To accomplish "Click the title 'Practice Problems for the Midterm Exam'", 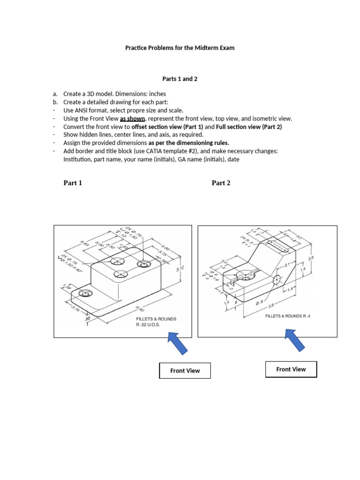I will click(x=180, y=48).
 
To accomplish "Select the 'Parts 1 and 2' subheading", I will click(x=180, y=79).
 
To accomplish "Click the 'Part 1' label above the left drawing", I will click(x=73, y=183).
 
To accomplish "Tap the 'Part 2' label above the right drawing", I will click(x=221, y=183).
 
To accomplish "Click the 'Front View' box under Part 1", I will click(x=185, y=371).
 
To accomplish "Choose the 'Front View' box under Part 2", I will click(x=291, y=369).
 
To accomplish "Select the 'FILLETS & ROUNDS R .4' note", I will click(x=288, y=316).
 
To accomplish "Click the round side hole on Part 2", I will click(x=277, y=279).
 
